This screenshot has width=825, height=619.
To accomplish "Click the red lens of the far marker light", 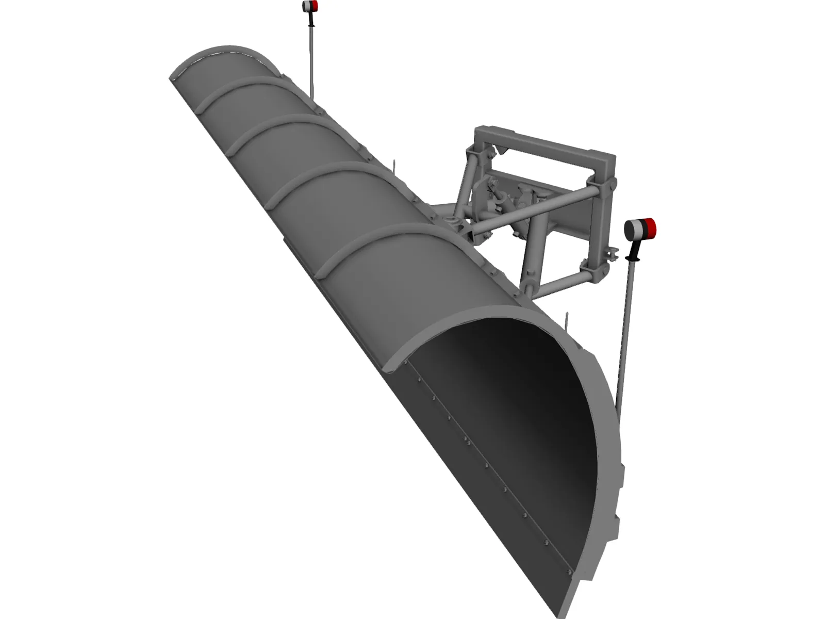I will [x=313, y=6].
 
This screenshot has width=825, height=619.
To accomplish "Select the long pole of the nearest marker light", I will [x=625, y=330].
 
